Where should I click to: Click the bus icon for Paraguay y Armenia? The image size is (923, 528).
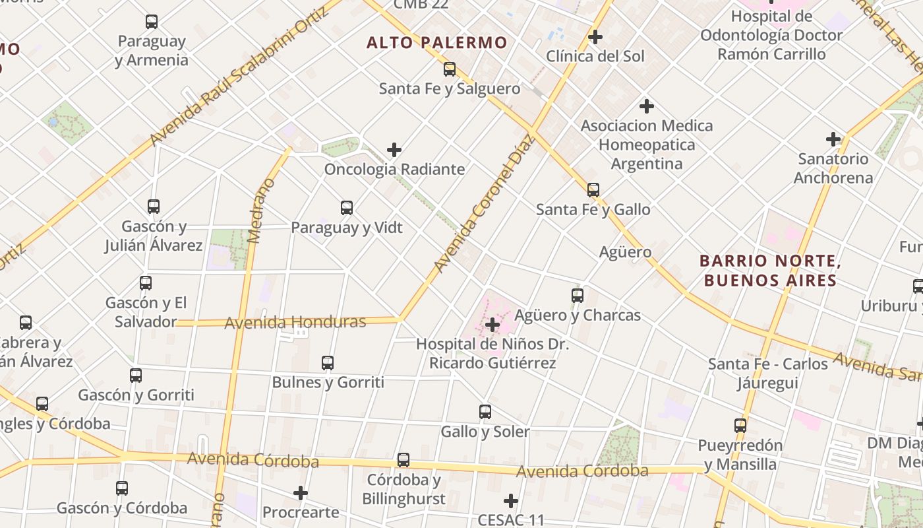(x=152, y=22)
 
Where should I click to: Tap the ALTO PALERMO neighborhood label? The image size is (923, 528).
(x=437, y=43)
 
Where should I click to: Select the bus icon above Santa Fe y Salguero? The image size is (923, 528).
(x=450, y=69)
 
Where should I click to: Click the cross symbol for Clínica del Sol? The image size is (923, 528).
(x=595, y=37)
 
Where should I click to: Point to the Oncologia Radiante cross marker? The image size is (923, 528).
(x=394, y=150)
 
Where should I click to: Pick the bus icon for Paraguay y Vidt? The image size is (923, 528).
(x=347, y=208)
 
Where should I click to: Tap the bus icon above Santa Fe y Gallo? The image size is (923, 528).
(x=593, y=190)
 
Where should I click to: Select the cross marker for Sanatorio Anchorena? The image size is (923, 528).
(x=833, y=139)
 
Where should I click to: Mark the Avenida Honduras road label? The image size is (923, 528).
(x=295, y=323)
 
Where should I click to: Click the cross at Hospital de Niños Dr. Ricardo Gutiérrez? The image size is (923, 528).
(x=492, y=325)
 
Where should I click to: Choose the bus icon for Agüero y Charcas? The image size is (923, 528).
(x=578, y=295)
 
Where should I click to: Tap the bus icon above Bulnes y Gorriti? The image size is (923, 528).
(x=328, y=362)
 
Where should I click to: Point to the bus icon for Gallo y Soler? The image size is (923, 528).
(x=485, y=412)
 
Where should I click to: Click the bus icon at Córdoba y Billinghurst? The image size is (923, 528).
(x=403, y=460)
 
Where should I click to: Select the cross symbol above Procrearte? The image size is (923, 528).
(x=301, y=493)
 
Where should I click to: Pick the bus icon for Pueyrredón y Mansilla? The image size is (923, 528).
(x=740, y=426)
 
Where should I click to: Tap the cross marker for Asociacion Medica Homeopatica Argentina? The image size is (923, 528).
(x=647, y=106)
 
